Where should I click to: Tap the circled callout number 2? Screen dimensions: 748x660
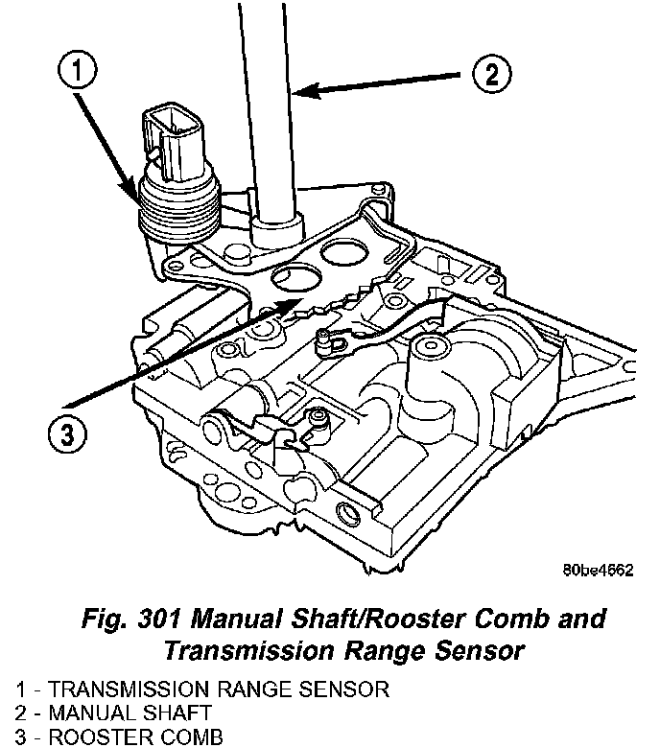[x=490, y=72]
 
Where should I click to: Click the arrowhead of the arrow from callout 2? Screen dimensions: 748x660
[x=295, y=92]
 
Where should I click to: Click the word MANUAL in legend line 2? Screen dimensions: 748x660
[x=85, y=713]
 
